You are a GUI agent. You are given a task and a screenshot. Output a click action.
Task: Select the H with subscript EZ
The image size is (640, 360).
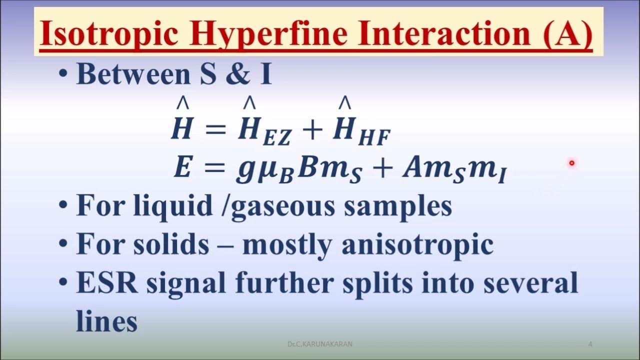[264, 131]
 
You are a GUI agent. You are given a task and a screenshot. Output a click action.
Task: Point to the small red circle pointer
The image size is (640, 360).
[571, 162]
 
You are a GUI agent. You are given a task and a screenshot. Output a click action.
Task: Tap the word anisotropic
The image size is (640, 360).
[417, 245]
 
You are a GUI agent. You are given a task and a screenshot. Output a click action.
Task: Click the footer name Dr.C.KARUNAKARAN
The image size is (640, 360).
[320, 344]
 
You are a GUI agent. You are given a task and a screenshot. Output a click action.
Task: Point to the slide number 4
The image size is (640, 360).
[590, 344]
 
